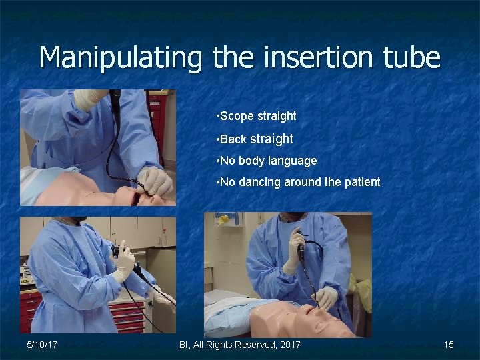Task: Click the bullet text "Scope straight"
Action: click(x=257, y=116)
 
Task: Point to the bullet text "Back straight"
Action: click(x=256, y=139)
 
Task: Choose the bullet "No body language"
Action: click(x=267, y=161)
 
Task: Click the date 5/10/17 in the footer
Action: click(x=41, y=345)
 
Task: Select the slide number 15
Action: click(x=449, y=345)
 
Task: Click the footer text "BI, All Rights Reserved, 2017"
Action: click(x=240, y=345)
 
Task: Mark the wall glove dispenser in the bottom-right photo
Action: click(x=225, y=219)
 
